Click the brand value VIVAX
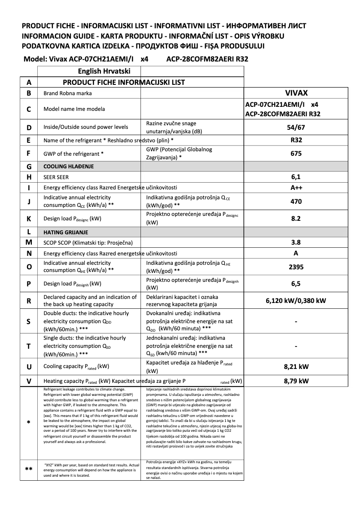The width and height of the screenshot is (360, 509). pyautogui.click(x=296, y=93)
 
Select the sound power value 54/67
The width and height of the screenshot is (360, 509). pyautogui.click(x=296, y=127)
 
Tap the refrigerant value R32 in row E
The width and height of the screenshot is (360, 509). pyautogui.click(x=296, y=140)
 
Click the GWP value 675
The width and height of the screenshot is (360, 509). pyautogui.click(x=296, y=154)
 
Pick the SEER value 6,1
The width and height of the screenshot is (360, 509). pyautogui.click(x=296, y=177)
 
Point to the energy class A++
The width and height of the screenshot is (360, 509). pyautogui.click(x=296, y=187)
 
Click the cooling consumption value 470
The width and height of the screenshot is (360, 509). pyautogui.click(x=296, y=202)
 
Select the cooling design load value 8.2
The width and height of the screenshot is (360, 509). pyautogui.click(x=296, y=219)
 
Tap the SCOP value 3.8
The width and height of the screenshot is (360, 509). pyautogui.click(x=296, y=243)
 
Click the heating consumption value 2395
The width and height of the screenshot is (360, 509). pyautogui.click(x=296, y=267)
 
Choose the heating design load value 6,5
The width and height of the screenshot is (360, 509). pyautogui.click(x=296, y=284)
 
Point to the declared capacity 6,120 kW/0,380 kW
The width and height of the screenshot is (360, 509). pyautogui.click(x=296, y=301)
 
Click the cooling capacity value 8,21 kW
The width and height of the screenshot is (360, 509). pyautogui.click(x=296, y=367)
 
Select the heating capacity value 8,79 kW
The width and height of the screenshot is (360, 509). pyautogui.click(x=296, y=381)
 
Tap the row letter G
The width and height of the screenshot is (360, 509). pyautogui.click(x=29, y=167)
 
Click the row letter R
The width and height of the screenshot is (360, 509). pyautogui.click(x=29, y=301)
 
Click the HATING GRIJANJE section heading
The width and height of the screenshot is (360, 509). pyautogui.click(x=66, y=233)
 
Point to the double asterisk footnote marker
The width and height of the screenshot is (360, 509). pyautogui.click(x=29, y=470)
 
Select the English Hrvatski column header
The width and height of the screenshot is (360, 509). pyautogui.click(x=104, y=71)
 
